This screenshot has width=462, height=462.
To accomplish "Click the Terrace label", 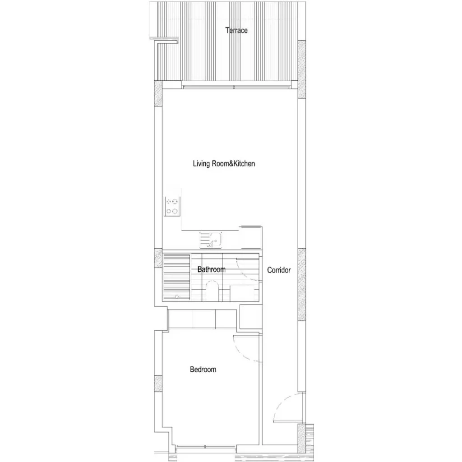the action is click(x=236, y=30).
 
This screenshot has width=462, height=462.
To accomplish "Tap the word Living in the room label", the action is click(x=201, y=163).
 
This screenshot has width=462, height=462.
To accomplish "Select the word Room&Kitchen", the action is click(x=233, y=163).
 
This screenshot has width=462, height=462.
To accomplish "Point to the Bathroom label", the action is click(x=211, y=269).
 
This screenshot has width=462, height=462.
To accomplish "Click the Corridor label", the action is click(x=279, y=270).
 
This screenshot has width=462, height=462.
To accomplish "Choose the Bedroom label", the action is click(x=203, y=370).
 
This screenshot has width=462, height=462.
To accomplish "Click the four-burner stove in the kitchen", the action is click(x=172, y=206).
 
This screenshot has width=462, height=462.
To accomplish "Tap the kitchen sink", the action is click(x=211, y=240).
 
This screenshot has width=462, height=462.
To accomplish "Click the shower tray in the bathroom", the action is click(x=176, y=277).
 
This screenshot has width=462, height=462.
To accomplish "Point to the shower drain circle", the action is click(x=177, y=296).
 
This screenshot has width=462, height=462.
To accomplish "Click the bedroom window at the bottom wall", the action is click(x=206, y=447).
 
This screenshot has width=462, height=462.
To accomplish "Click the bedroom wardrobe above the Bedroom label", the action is click(x=202, y=319).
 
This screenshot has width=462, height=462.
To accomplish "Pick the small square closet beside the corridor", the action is click(x=250, y=316).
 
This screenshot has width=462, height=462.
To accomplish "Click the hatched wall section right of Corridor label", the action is click(x=302, y=284).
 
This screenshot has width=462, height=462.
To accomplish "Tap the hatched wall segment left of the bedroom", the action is click(x=158, y=383).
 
